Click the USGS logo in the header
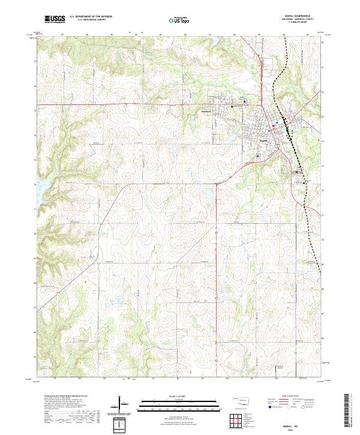(55, 19)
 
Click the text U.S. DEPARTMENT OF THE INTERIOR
(91, 17)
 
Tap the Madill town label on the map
(263, 141)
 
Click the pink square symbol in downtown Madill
(276, 123)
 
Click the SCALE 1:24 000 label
(180, 397)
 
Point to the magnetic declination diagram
(121, 404)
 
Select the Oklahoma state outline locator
(240, 401)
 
